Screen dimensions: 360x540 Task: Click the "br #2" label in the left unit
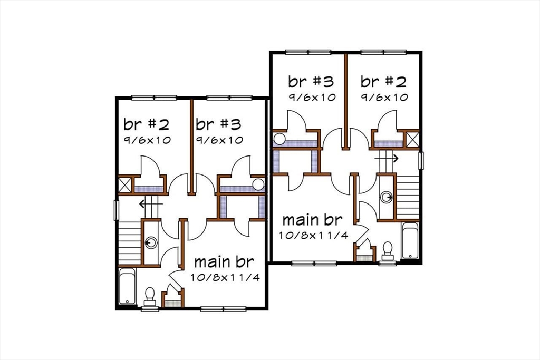tap(146, 124)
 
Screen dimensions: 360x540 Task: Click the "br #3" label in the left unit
tap(218, 124)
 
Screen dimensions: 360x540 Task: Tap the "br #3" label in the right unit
tap(311, 82)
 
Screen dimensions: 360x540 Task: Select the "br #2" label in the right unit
tap(383, 82)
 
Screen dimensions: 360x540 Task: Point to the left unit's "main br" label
tap(225, 261)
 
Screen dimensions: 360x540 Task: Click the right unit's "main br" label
tap(312, 219)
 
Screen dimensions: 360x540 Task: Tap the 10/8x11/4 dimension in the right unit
tap(313, 235)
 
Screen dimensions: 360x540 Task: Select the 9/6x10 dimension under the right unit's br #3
tap(312, 98)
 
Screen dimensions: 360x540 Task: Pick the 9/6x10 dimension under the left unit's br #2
tap(147, 140)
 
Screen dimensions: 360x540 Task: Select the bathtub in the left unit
tap(127, 286)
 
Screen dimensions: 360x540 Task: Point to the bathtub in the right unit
tap(410, 240)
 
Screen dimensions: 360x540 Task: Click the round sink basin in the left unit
tap(152, 243)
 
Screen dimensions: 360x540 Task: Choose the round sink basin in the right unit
tap(388, 198)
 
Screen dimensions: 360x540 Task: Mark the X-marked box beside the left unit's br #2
tap(126, 186)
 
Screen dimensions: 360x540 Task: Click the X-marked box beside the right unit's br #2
tap(412, 140)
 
